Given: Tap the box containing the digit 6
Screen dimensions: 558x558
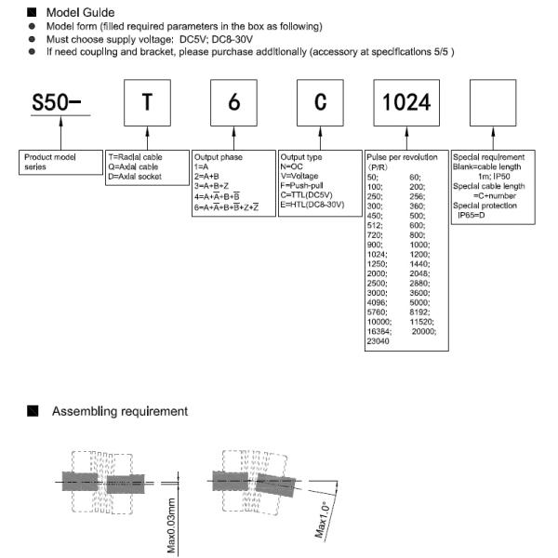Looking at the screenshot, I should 234,102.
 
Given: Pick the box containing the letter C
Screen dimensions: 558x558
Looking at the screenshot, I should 321,102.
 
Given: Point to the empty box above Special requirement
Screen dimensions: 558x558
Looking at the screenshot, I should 493,102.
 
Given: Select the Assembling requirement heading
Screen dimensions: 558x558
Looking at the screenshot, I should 119,410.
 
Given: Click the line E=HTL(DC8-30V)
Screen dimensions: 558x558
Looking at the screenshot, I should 312,203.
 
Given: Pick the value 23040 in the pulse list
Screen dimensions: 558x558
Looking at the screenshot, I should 379,341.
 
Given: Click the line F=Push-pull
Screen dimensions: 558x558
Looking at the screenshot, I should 302,184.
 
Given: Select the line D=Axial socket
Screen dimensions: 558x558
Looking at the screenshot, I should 139,176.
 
